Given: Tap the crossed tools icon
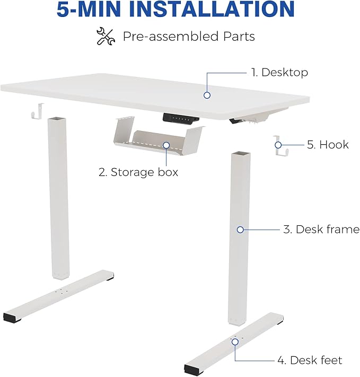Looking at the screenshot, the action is click(x=106, y=37).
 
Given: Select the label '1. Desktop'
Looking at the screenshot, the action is click(x=279, y=73).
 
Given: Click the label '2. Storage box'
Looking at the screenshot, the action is click(x=138, y=172).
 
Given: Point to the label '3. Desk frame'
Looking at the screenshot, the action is click(x=321, y=230).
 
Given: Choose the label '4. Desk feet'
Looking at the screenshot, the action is click(x=310, y=361).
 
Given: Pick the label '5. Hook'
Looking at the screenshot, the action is click(x=328, y=145).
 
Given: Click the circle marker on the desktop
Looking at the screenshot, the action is click(x=207, y=95).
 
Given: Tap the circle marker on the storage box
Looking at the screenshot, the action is click(x=166, y=145).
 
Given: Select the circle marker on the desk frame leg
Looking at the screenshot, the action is click(x=240, y=230).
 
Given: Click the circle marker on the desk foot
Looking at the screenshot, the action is click(x=235, y=342).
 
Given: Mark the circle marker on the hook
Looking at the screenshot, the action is click(x=278, y=145).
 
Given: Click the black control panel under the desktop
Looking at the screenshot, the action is click(x=181, y=119).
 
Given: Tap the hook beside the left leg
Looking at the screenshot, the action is click(x=38, y=111).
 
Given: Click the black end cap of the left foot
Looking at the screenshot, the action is click(x=12, y=318).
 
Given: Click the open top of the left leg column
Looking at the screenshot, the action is click(x=57, y=119).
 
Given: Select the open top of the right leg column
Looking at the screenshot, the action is click(x=241, y=154).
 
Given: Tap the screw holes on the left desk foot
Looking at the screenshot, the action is click(x=61, y=292).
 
